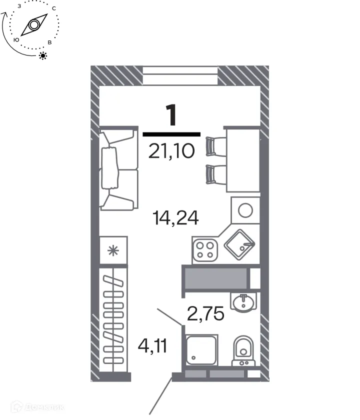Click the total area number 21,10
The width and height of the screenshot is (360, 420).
pos(171,149)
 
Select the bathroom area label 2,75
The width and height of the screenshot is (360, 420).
pos(205,314)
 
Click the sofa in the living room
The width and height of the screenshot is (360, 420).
pos(118,169)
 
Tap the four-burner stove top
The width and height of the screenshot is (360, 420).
pos(204,250)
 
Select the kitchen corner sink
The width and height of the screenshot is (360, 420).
pos(240,244)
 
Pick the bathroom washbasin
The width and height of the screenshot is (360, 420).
pos(243,301)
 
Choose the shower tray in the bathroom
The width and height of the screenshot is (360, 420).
pos(201,350)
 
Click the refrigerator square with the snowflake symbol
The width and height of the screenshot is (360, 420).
pos(114,250)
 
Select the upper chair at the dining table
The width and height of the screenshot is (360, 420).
pos(216,146)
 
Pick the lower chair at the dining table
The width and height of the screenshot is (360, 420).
pos(216,174)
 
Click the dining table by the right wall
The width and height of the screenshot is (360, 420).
pos(242,159)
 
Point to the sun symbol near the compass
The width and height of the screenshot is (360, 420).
pos(43,55)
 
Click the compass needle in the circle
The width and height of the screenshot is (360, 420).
pos(33,25)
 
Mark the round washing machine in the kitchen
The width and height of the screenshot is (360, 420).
pos(245,210)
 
